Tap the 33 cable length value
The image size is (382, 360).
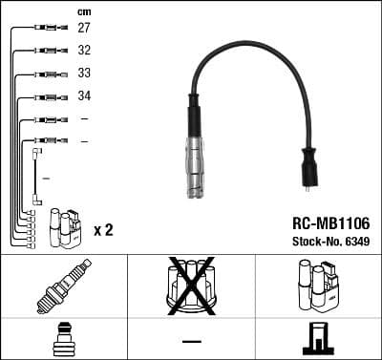(x=84, y=74)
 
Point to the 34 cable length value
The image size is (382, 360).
(x=84, y=96)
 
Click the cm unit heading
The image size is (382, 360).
(x=84, y=11)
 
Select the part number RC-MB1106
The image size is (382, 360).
(x=329, y=222)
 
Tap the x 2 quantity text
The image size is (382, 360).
(x=103, y=230)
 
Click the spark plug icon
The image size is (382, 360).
(x=63, y=286)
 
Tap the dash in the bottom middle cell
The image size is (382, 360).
(x=191, y=340)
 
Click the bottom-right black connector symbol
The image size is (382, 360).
(x=318, y=339)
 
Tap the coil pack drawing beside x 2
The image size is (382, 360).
(x=65, y=226)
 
